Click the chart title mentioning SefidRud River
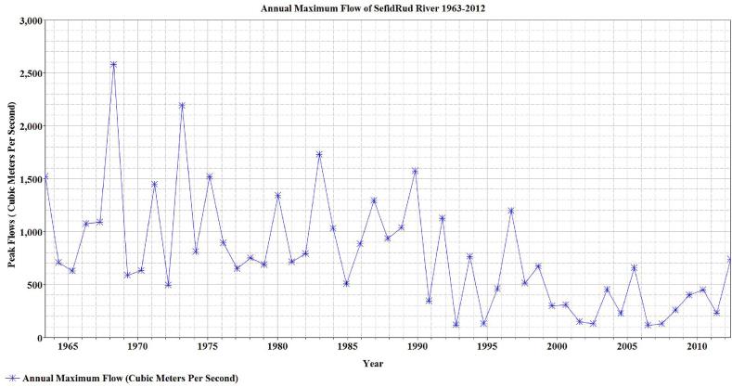[x=388, y=7]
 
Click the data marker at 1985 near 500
[x=346, y=283]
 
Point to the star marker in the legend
[x=13, y=378]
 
